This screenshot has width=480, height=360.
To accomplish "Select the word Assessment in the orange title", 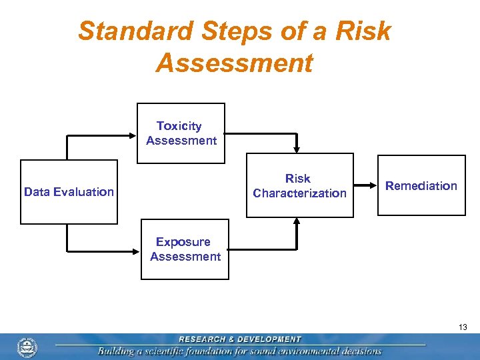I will point(234,63).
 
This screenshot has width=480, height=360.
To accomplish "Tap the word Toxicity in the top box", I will point(179,126).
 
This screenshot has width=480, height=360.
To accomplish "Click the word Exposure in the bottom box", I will point(183,242).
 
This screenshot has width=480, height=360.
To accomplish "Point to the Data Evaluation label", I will point(69,192).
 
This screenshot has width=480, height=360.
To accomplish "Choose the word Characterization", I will point(299,193).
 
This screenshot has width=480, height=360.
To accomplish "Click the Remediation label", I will point(421,186).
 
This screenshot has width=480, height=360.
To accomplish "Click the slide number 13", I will point(463,327).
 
